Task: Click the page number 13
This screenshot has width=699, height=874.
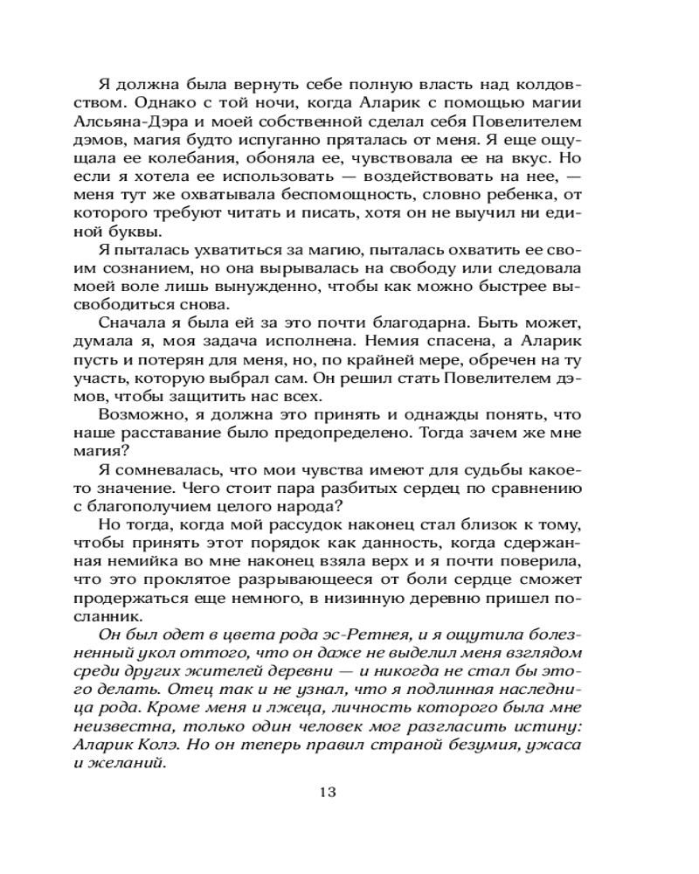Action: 328,793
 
